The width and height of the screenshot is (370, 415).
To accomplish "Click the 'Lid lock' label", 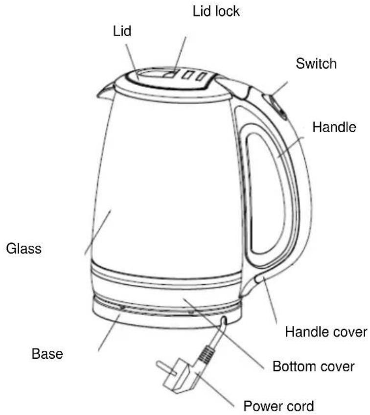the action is pyautogui.click(x=216, y=11).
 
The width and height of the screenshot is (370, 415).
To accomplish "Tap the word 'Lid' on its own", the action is pyautogui.click(x=122, y=31).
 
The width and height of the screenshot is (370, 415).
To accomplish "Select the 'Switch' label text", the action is pyautogui.click(x=316, y=64).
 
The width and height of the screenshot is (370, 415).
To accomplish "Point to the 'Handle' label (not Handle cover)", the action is pyautogui.click(x=334, y=127).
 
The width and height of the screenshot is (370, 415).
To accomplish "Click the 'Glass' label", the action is pyautogui.click(x=24, y=249).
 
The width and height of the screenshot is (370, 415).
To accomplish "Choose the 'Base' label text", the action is pyautogui.click(x=47, y=354).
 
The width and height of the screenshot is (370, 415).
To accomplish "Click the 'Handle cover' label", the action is pyautogui.click(x=326, y=332).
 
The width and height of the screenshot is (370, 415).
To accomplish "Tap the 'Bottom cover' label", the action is pyautogui.click(x=313, y=366).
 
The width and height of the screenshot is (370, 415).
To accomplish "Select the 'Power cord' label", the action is pyautogui.click(x=278, y=406).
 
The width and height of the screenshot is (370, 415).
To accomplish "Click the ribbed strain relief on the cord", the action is pyautogui.click(x=206, y=355).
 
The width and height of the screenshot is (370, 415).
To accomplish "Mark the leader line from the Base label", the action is pyautogui.click(x=109, y=333).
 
